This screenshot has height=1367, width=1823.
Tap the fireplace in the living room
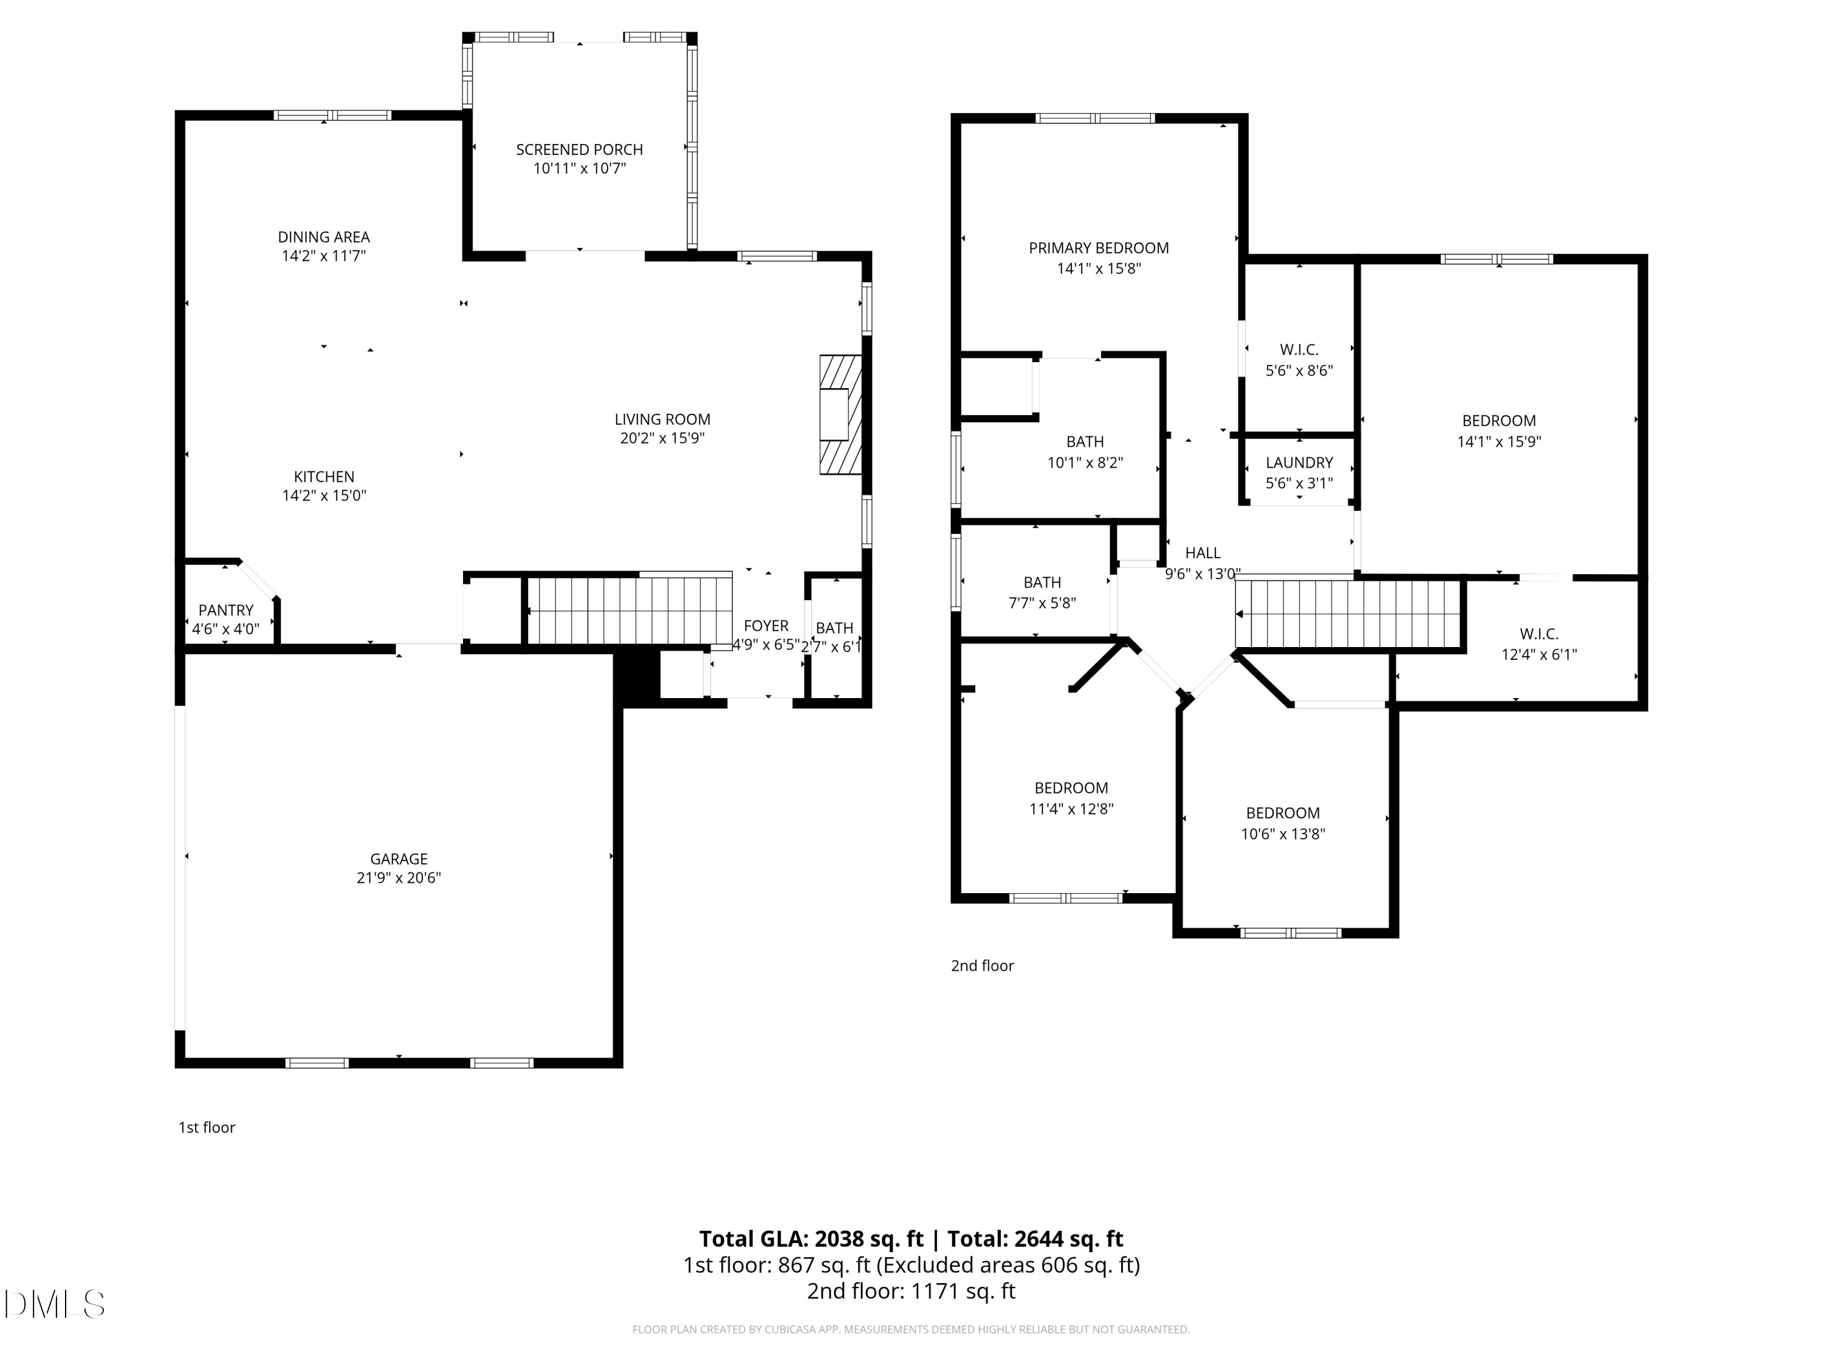[x=840, y=414]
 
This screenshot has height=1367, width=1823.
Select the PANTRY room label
[x=226, y=611]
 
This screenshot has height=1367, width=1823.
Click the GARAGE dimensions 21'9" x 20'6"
[x=399, y=877]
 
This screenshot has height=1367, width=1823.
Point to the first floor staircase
[x=629, y=611]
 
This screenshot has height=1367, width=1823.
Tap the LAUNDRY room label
[x=1299, y=463]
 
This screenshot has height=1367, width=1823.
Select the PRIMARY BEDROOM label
[x=1099, y=248]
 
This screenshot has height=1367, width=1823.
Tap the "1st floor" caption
[x=207, y=1127]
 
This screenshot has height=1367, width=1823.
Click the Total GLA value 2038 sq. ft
[x=868, y=1238]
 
